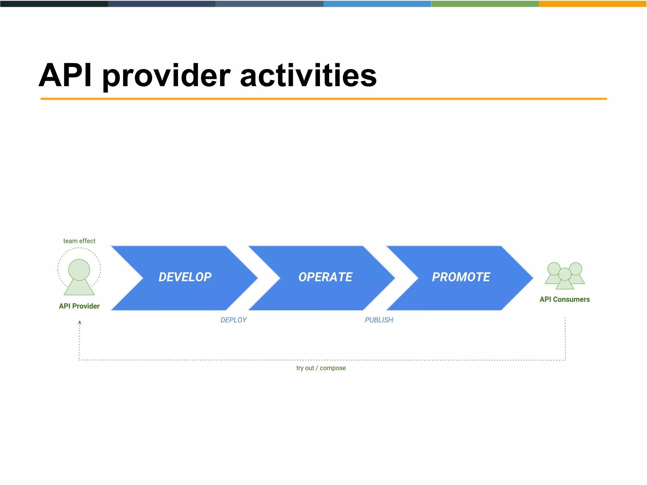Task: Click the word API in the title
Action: coord(65,75)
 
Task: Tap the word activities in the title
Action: coord(308,75)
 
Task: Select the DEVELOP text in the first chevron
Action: coord(185,277)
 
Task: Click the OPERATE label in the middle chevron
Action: coord(325,277)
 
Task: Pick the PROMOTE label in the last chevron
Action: coord(461,277)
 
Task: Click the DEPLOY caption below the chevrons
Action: coord(233,320)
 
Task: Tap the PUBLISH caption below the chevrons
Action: coord(379,320)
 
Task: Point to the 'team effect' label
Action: coord(79,241)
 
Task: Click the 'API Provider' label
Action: coord(79,306)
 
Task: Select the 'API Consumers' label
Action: coord(565,299)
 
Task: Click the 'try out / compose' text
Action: coord(321,368)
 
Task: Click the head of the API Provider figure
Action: coord(79,270)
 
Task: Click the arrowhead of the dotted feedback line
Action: coord(80,322)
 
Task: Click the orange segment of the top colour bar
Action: coord(593,4)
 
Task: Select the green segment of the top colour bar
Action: coord(485,4)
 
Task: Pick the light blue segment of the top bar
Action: coord(377,4)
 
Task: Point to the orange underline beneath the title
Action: coord(323,99)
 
